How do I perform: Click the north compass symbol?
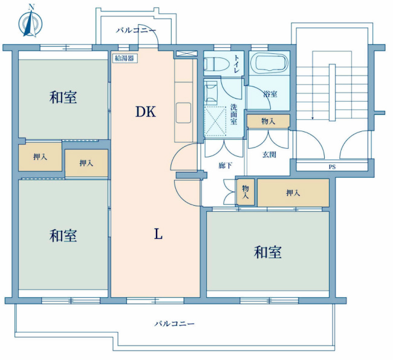coord(30,22)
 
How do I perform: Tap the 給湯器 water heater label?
coord(125,59)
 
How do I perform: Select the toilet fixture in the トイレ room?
coord(216,64)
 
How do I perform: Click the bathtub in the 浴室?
coord(269,63)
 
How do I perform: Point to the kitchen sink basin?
coord(183,113)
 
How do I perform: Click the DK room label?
coord(146,112)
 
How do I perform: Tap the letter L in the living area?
coord(158,235)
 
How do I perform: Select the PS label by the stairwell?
coord(332,167)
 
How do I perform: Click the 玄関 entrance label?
coord(269,154)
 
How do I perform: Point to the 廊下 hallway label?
coord(225,166)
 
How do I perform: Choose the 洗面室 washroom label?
coord(233,114)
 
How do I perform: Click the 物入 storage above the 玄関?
coord(268,122)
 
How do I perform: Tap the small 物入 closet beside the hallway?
coord(245,192)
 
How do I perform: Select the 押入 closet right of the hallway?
coord(293,192)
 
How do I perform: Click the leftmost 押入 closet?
coord(40,157)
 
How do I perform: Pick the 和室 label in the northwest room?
coord(63,97)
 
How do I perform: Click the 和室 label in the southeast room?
coord(267,252)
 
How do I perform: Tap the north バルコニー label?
coord(135,30)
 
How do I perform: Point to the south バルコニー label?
coord(174,323)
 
